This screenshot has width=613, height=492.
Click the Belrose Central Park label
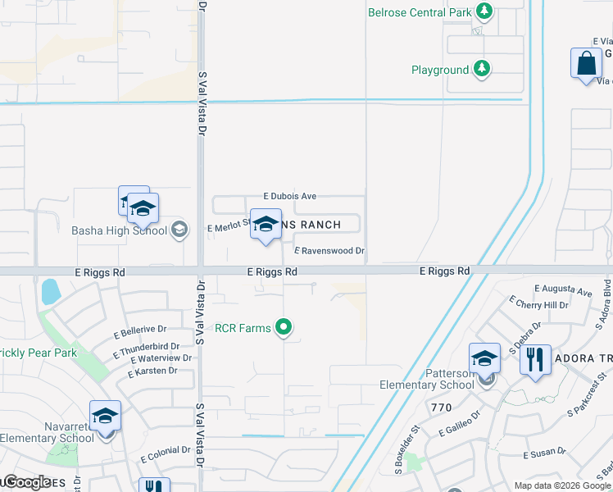point(420,12)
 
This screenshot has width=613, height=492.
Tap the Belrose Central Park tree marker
point(485,11)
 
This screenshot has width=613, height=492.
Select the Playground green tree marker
point(483,69)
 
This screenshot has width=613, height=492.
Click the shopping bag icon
point(587,64)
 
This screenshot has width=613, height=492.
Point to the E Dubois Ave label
point(289,197)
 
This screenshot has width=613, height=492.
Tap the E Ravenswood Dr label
point(329,251)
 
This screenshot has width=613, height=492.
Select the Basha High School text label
point(120,230)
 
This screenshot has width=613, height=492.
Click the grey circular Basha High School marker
point(179,230)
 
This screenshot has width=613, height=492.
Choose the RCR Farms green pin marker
point(284,328)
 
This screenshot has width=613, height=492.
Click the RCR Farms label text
point(243,328)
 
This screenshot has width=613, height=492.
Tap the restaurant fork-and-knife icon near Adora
point(534,359)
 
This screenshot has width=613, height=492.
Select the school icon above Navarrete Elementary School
point(105,417)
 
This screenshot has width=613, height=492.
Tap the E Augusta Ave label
point(563,290)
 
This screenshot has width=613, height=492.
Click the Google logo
point(27,482)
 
